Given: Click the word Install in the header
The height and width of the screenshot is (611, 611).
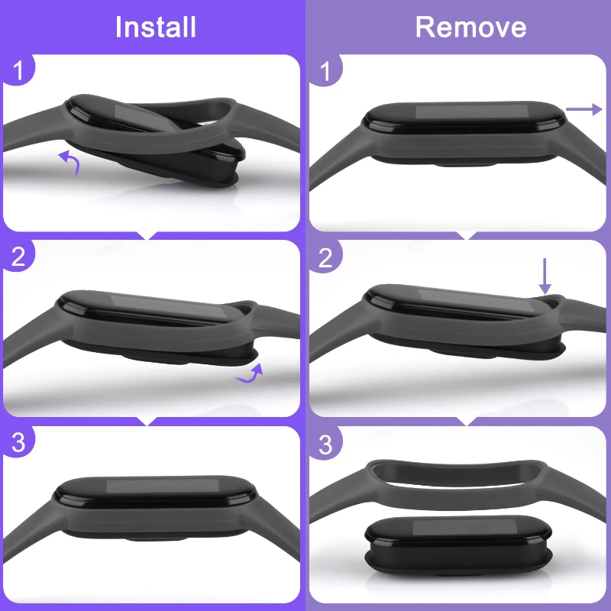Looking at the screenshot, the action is (x=156, y=27).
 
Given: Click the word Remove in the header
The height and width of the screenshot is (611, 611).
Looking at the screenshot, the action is (x=470, y=27).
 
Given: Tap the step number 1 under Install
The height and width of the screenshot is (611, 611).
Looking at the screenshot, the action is (x=18, y=71).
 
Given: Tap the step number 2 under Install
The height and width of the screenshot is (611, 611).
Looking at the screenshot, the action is (x=18, y=257).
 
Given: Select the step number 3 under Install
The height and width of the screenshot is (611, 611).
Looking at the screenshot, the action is (x=18, y=442).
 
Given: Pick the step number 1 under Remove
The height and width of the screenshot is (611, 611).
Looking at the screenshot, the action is (x=325, y=71).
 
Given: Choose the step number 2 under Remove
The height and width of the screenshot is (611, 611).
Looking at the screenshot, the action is (x=325, y=257).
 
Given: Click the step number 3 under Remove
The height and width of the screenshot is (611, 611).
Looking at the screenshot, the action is (x=325, y=445).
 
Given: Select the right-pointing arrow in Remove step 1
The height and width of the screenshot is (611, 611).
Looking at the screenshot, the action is (x=584, y=109).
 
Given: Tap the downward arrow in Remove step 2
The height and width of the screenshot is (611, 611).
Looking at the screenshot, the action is (x=545, y=276).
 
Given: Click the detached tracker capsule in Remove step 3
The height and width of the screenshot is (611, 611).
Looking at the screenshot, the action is (x=458, y=545).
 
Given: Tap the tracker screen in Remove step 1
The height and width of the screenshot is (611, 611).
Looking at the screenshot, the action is (x=471, y=111).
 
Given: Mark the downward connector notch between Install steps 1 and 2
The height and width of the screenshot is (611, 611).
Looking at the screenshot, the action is (x=147, y=235).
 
